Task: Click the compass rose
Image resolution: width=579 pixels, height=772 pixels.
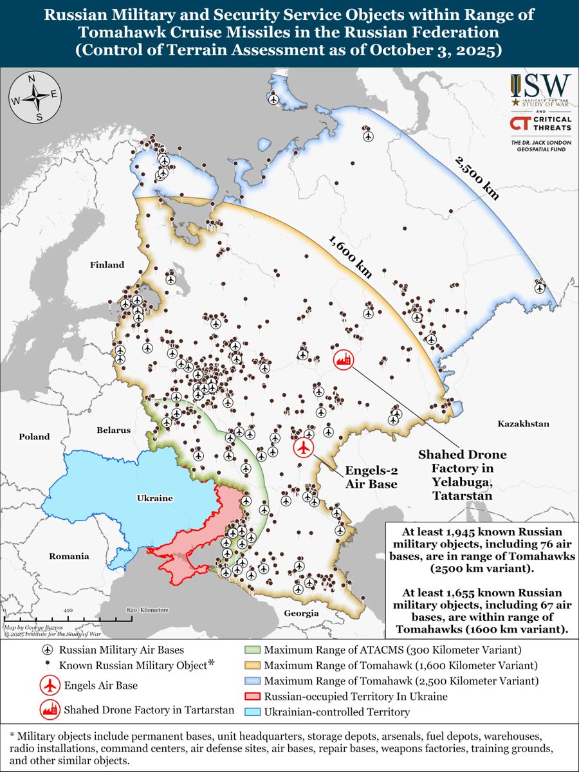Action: coord(39,98)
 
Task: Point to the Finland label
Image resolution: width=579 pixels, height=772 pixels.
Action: coord(107,264)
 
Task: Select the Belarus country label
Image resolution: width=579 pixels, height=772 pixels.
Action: coord(114,430)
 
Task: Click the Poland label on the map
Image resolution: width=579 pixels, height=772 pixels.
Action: coord(34,436)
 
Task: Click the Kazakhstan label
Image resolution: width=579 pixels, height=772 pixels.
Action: coord(523,423)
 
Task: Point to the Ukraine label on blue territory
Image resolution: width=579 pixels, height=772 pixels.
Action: coord(155,499)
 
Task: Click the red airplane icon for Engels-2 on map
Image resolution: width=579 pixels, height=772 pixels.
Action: coord(304,448)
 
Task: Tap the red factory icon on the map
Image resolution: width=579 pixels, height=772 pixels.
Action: coord(344,360)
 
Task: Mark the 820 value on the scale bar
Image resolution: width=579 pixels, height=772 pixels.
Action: coord(133,609)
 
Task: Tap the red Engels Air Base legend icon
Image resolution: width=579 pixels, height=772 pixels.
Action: coord(49,686)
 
